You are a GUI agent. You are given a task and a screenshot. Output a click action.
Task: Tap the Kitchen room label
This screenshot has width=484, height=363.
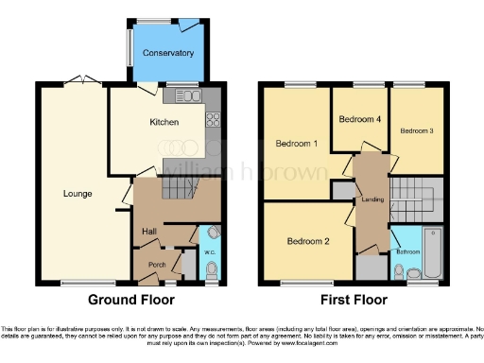(139, 122)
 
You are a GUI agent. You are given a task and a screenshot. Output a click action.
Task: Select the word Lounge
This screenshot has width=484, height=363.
(78, 194)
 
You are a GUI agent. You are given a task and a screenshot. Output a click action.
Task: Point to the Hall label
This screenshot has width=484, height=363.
(149, 231)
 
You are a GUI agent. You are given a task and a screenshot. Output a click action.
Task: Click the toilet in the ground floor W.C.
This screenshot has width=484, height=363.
(211, 272)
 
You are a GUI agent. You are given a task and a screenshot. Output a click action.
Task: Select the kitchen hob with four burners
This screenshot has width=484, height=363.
(213, 119)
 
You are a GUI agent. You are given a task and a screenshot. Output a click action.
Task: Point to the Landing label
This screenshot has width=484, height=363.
(370, 200)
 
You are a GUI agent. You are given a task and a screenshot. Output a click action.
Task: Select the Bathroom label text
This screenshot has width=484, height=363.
(407, 251)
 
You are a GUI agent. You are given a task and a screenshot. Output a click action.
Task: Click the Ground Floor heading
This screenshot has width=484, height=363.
(131, 301)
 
